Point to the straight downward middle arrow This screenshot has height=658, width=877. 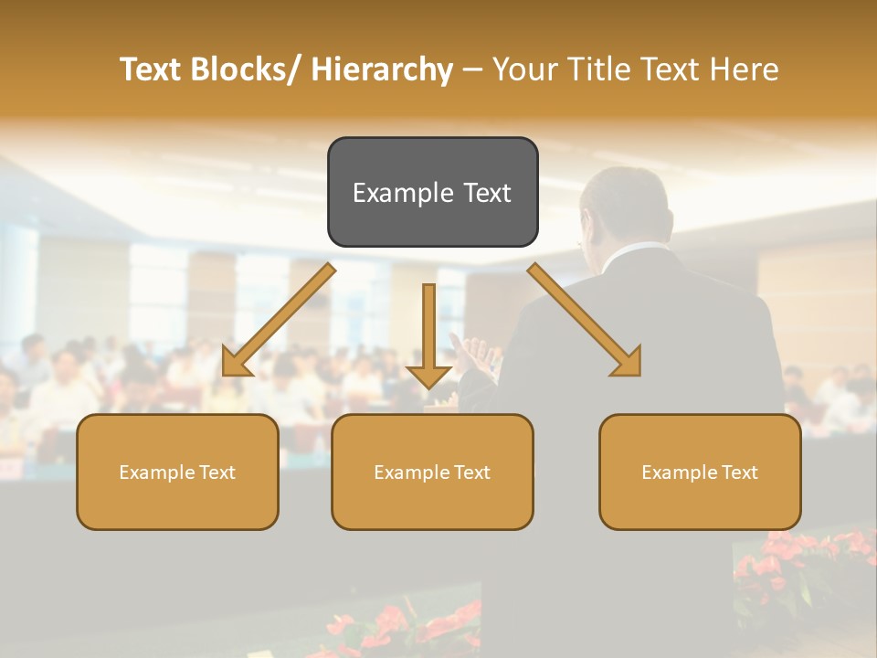click(428, 334)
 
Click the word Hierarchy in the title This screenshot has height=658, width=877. click(381, 69)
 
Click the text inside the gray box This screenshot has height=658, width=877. click(432, 193)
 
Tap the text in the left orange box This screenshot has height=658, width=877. click(177, 472)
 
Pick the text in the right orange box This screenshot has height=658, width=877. click(700, 472)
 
